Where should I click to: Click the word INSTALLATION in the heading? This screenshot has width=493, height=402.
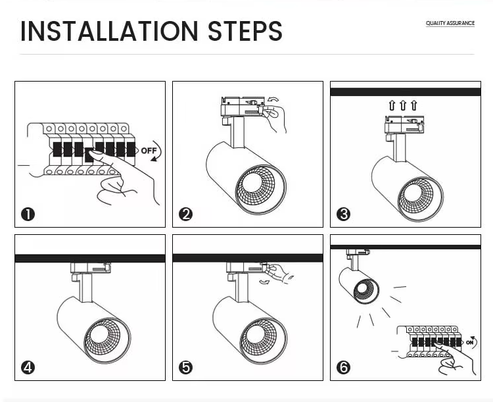109,32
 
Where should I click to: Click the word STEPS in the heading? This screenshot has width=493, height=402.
245,32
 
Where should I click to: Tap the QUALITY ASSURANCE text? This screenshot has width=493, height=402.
450,24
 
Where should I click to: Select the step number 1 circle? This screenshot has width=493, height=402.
28,214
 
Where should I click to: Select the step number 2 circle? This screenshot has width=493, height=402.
185,214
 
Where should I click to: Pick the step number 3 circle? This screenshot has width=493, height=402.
343,214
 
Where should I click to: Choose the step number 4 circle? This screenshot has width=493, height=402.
28,367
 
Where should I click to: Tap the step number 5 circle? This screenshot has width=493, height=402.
185,367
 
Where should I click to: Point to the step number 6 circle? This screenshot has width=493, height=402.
343,367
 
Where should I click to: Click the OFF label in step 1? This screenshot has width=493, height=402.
149,151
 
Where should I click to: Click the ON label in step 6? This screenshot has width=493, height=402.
469,342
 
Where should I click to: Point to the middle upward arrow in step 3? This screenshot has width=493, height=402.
403,105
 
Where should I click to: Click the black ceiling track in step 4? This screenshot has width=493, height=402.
90,259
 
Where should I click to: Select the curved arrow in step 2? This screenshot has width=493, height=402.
273,100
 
